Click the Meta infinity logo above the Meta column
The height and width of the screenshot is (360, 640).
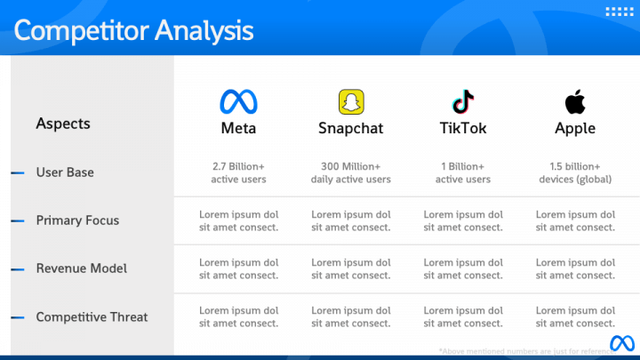pyautogui.click(x=238, y=100)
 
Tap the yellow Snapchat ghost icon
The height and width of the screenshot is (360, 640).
pyautogui.click(x=351, y=100)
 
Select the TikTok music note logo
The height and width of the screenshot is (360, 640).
pyautogui.click(x=463, y=100)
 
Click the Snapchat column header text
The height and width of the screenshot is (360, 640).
pyautogui.click(x=351, y=128)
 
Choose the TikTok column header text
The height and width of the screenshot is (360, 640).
pyautogui.click(x=463, y=128)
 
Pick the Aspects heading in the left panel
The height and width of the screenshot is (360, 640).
pyautogui.click(x=63, y=124)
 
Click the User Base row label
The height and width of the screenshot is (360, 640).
pyautogui.click(x=65, y=172)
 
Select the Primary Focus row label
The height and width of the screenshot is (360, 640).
pyautogui.click(x=77, y=220)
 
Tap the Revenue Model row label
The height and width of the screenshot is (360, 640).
pyautogui.click(x=81, y=268)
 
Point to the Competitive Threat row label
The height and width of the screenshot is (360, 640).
pyautogui.click(x=92, y=316)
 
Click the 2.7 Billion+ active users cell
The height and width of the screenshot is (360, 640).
pyautogui.click(x=238, y=172)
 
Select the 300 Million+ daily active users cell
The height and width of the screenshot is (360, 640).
pyautogui.click(x=351, y=172)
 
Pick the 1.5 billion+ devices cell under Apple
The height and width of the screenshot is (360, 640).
pyautogui.click(x=575, y=172)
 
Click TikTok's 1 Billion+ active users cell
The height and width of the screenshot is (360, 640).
pyautogui.click(x=463, y=172)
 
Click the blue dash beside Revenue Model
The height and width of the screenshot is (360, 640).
pyautogui.click(x=18, y=268)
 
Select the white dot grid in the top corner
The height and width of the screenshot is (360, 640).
pyautogui.click(x=618, y=12)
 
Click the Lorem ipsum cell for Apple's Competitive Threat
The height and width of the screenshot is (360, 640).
pyautogui.click(x=575, y=316)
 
